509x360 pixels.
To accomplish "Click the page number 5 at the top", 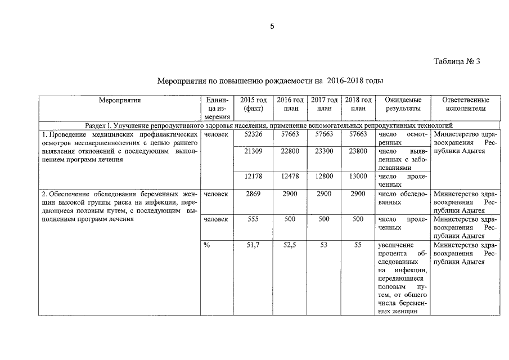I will [272, 27].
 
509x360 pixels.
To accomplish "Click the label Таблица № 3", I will [457, 61].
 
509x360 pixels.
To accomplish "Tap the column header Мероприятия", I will [120, 100].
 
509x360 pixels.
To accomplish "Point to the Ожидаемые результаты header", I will [403, 104].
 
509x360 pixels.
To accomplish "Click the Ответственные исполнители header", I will [465, 104].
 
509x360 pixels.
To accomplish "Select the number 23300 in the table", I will [324, 151].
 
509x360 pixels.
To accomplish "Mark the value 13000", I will [358, 176].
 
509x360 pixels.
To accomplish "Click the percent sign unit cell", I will [207, 245].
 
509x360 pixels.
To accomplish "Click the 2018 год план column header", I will [358, 104].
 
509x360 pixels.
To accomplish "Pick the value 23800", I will [358, 151].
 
